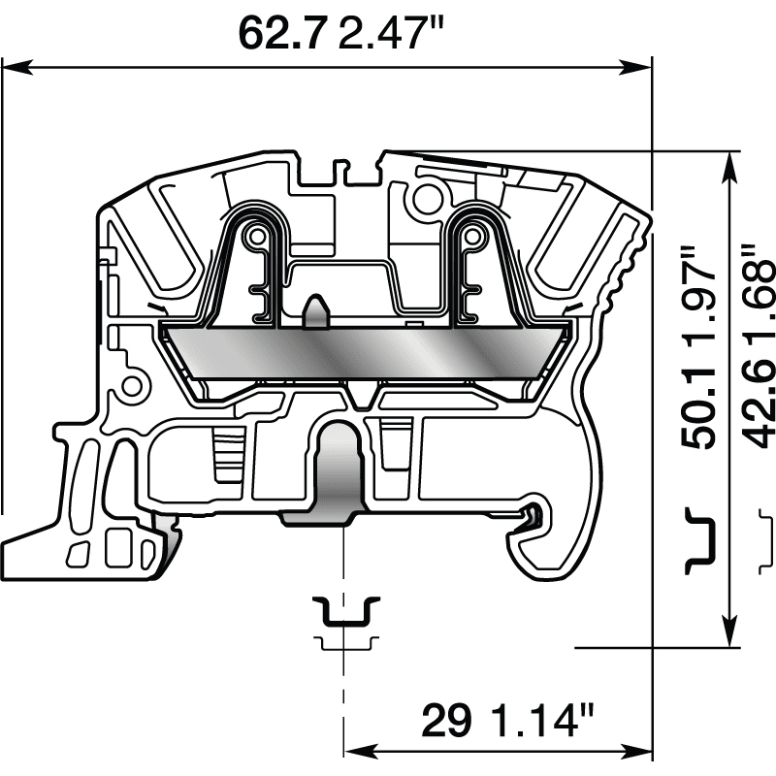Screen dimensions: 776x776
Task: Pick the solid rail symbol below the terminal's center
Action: (345, 611)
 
